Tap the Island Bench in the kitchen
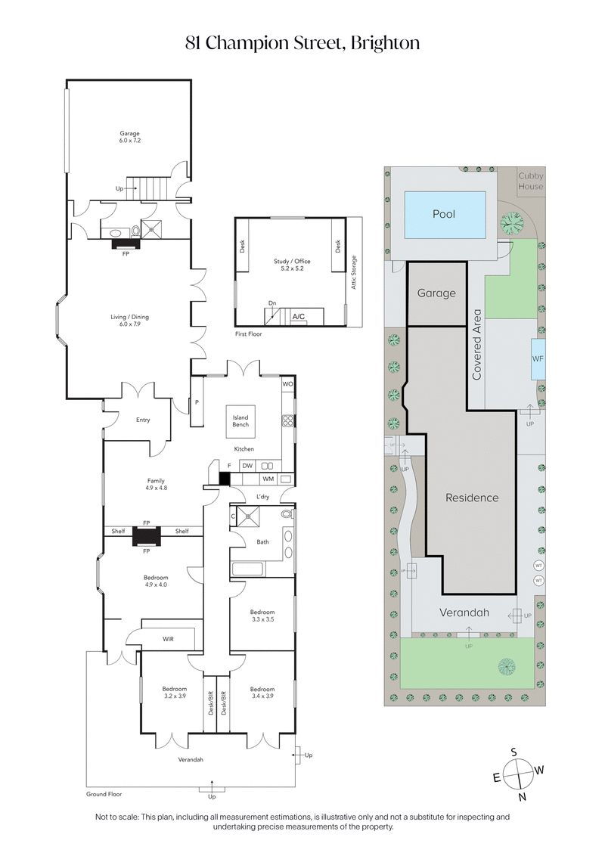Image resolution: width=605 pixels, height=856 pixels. [x=240, y=421]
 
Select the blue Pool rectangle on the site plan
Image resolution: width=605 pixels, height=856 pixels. [x=445, y=214]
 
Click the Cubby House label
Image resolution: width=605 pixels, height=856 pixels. [x=530, y=181]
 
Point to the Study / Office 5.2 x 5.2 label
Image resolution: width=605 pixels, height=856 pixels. [x=292, y=265]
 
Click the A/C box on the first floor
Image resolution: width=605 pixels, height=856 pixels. [x=299, y=318]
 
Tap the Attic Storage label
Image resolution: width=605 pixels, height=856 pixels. [x=354, y=273]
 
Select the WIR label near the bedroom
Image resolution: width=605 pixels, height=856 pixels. [x=168, y=639]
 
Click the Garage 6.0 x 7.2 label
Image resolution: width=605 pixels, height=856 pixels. [x=129, y=137]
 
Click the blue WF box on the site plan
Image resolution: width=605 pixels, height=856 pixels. [x=538, y=358]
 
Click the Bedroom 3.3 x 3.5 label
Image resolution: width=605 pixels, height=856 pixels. [x=262, y=616]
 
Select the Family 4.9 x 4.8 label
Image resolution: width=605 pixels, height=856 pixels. [x=157, y=484]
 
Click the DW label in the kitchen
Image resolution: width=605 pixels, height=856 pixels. [x=247, y=466]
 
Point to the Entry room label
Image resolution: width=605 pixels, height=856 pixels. [x=142, y=420]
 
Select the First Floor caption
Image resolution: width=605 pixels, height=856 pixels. [x=249, y=333]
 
